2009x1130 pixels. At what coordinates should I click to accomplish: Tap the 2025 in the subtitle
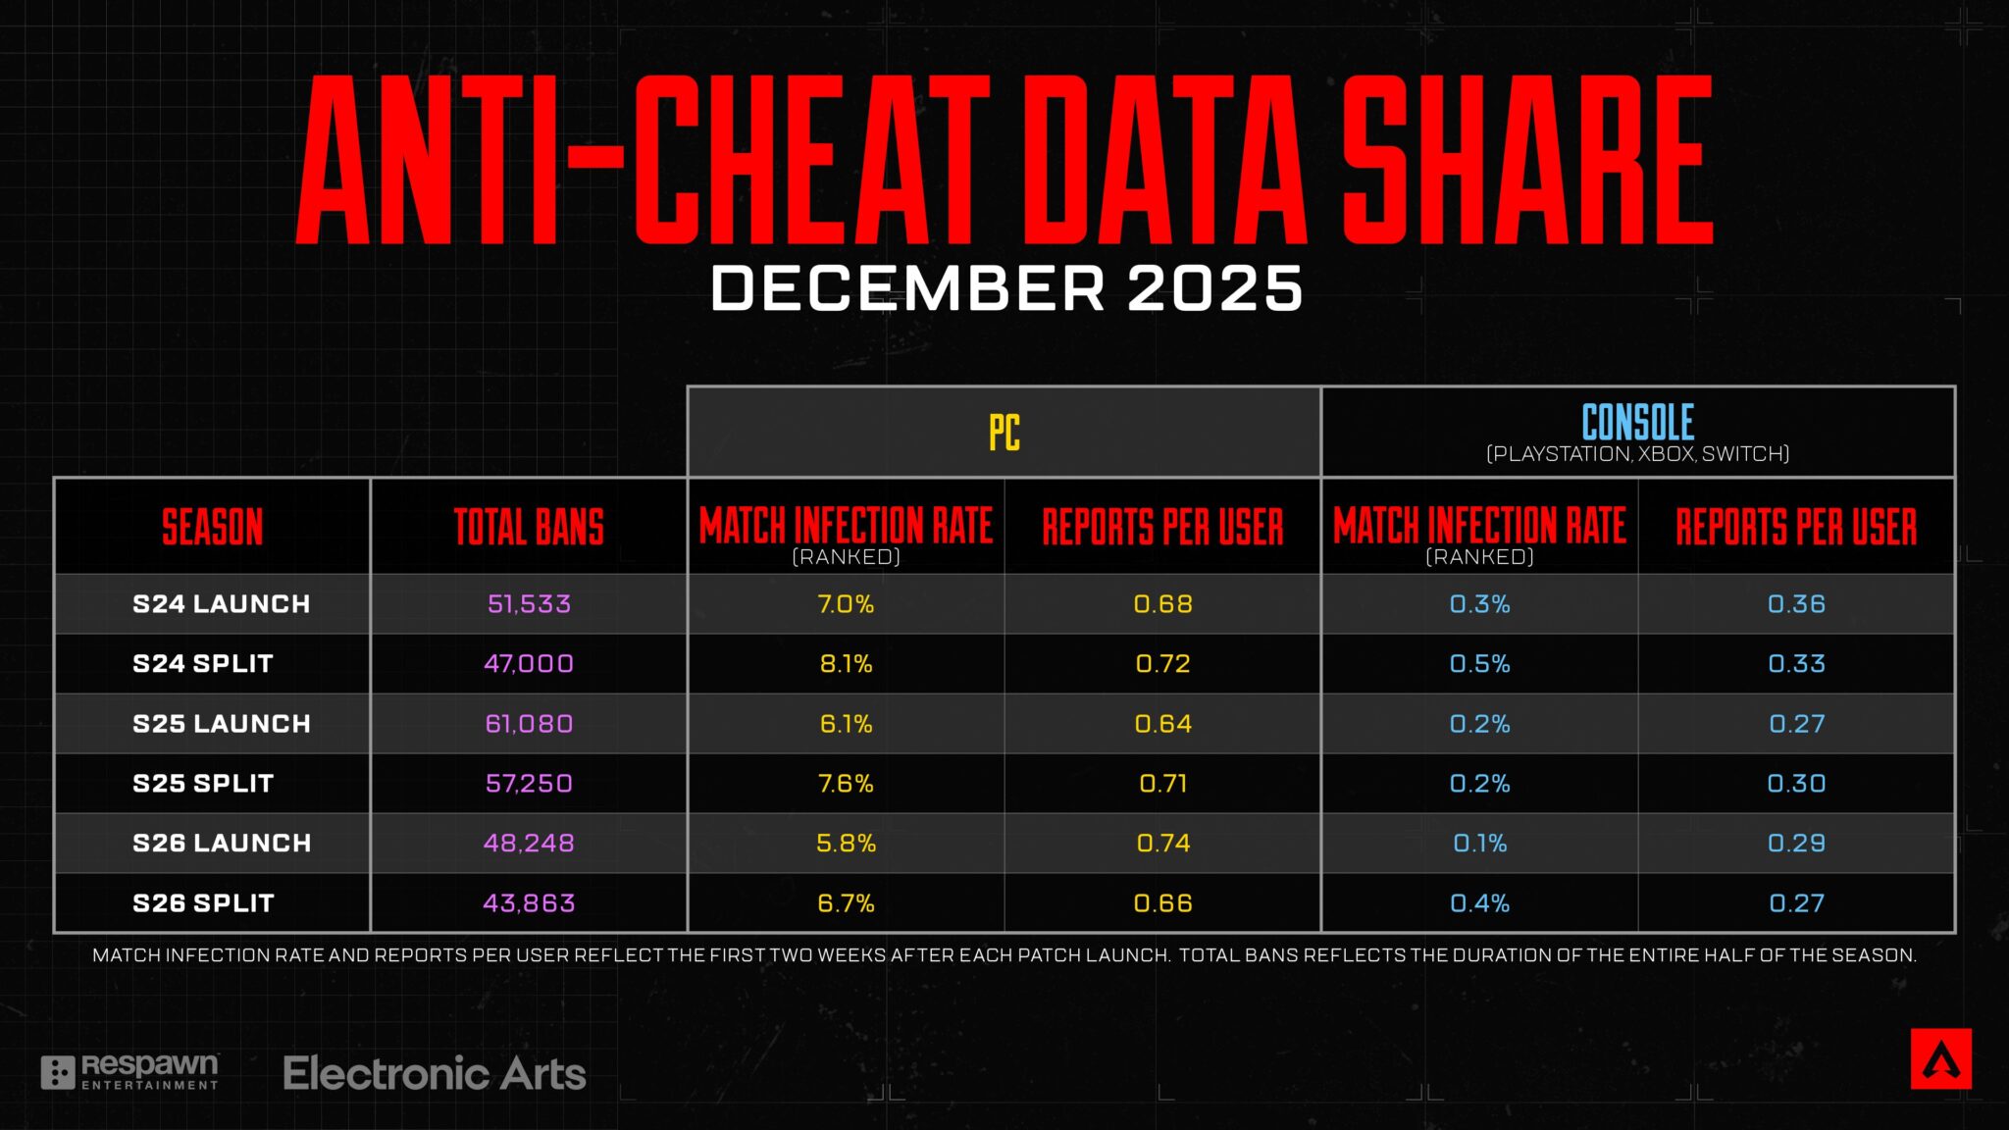(x=1214, y=289)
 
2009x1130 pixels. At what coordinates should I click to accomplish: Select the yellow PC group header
(x=1004, y=433)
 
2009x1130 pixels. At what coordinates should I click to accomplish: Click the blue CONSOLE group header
(x=1637, y=424)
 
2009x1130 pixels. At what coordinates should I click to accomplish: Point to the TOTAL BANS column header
(x=529, y=527)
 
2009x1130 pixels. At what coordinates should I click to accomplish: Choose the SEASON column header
(x=212, y=527)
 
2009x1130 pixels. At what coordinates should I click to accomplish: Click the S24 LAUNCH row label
(x=221, y=604)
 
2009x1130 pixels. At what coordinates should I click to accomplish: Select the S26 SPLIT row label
(x=203, y=903)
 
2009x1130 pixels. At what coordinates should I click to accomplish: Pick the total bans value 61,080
(x=529, y=724)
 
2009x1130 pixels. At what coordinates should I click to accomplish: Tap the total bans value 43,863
(x=529, y=903)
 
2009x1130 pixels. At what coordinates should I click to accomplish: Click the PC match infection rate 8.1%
(x=846, y=664)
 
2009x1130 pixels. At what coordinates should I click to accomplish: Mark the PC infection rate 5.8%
(x=846, y=844)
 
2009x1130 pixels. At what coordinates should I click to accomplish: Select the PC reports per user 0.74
(x=1162, y=844)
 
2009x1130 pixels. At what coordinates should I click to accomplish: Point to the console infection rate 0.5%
(x=1479, y=664)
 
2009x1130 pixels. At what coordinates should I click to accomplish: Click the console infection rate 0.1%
(x=1479, y=844)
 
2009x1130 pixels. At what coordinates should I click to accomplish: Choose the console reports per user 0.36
(x=1796, y=604)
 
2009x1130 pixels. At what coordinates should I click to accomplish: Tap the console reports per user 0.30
(x=1796, y=784)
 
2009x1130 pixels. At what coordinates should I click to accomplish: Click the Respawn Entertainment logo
(x=129, y=1072)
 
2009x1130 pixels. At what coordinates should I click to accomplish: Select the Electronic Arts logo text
(x=435, y=1074)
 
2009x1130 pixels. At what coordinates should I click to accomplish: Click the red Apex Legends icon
(x=1940, y=1059)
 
